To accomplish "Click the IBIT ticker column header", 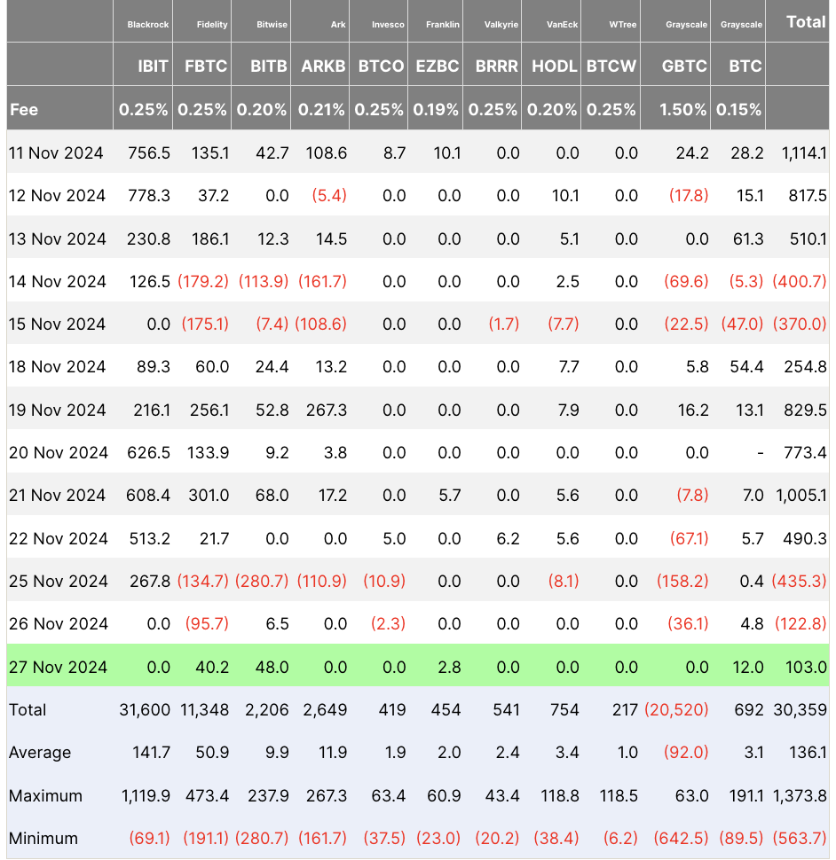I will click(x=147, y=66).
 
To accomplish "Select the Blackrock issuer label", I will click(x=147, y=25).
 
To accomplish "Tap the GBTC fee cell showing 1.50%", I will click(x=683, y=110).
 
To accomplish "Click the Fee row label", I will click(x=24, y=110).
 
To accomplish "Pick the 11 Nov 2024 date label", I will click(x=56, y=153).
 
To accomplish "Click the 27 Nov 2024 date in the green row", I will click(x=56, y=667).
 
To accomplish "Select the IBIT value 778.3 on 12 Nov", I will click(x=149, y=196).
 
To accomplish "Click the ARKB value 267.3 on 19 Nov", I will click(x=325, y=410).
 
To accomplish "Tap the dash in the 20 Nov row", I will click(x=760, y=453).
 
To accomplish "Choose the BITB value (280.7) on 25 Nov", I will click(x=262, y=581).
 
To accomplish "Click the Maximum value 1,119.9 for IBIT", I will click(x=146, y=795).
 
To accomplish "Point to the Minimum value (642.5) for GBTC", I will click(x=681, y=838).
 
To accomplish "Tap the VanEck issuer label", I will click(x=563, y=25).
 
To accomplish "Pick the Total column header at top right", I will click(x=806, y=22).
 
